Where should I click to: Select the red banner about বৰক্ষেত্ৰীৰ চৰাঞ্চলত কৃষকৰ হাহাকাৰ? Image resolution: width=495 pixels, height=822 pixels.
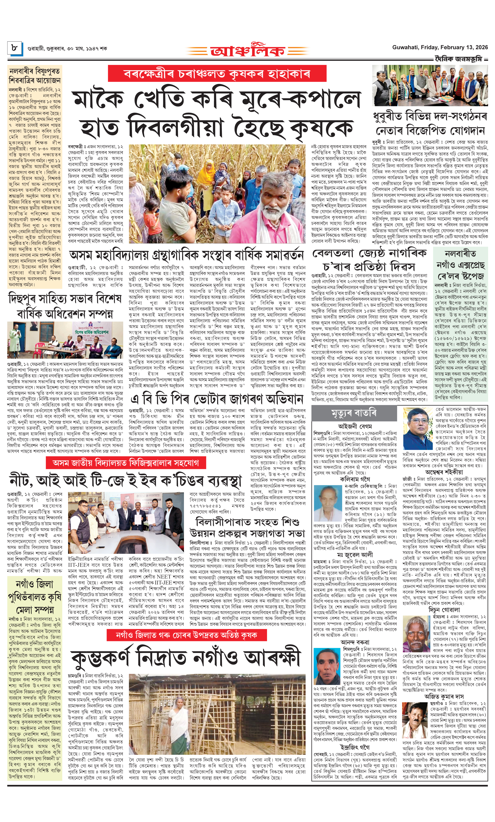(x=217, y=73)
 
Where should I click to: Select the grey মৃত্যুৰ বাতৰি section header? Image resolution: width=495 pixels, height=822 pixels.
(x=354, y=413)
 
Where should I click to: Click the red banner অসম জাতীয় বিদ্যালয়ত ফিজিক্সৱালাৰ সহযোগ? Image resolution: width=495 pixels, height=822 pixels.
(x=126, y=463)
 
